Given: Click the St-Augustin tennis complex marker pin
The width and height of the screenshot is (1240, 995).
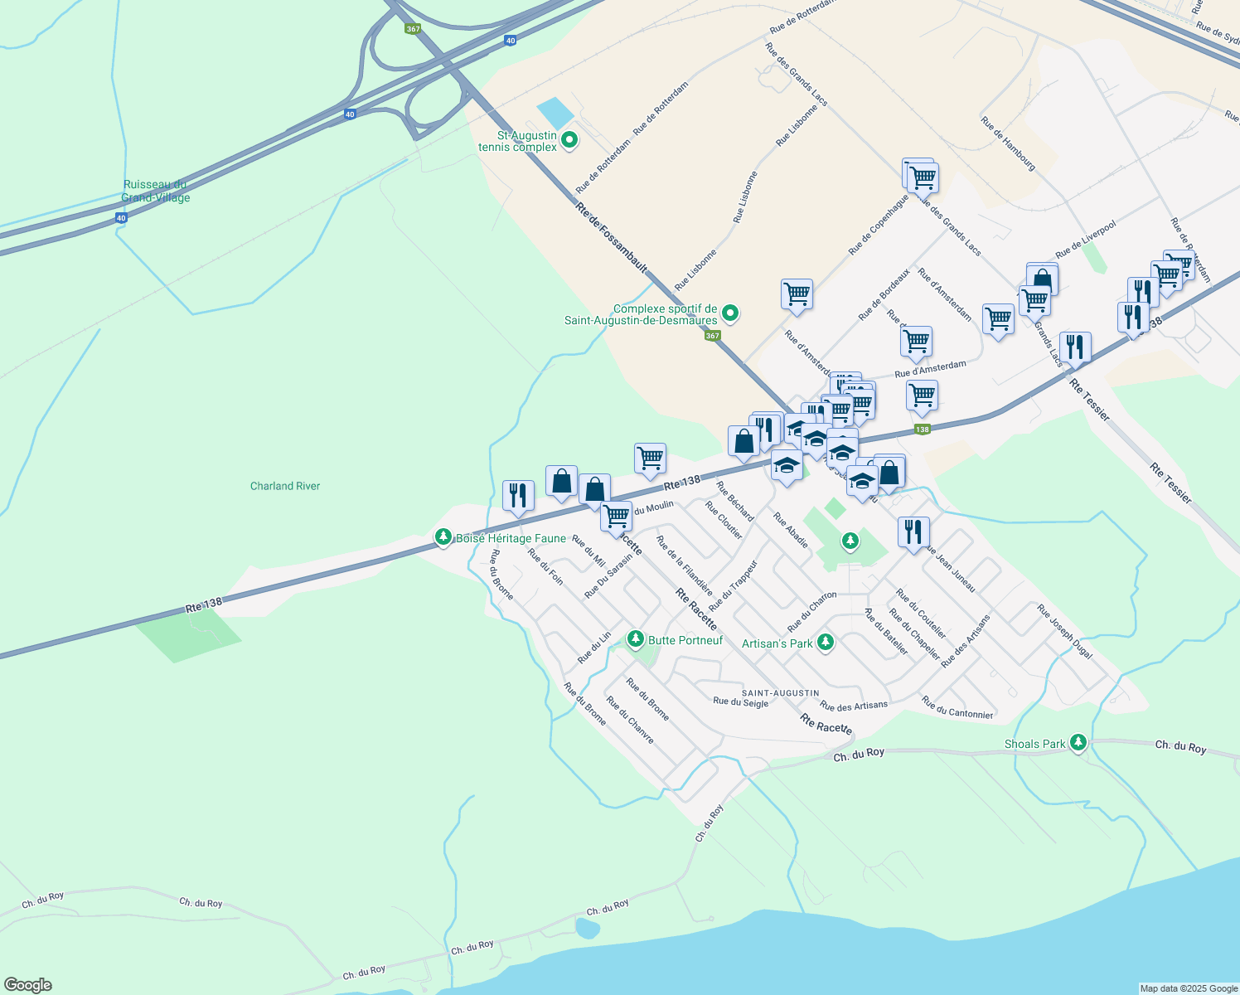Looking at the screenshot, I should [x=569, y=140].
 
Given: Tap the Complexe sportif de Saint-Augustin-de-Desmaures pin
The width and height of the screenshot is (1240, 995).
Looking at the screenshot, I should [x=730, y=313].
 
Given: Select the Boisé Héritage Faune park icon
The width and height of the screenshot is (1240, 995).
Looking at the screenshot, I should [x=443, y=537].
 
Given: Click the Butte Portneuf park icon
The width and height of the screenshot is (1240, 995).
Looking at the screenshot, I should [x=635, y=638].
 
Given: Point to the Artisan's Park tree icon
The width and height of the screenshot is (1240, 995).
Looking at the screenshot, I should [x=825, y=642].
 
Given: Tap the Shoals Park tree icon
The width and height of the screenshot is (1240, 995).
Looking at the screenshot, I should [x=1078, y=742].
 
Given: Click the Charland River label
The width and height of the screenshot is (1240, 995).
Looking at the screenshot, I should [x=285, y=486].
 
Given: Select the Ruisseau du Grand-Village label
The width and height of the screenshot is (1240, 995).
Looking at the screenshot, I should [x=156, y=191].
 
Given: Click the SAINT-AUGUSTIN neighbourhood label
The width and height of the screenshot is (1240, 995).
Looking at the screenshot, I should [x=780, y=693].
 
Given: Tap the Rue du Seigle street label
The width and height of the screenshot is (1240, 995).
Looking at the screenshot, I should [x=740, y=702].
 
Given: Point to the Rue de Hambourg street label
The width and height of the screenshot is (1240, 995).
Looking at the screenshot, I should [x=1008, y=143].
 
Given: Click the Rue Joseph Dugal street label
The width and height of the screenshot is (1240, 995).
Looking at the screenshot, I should [x=1064, y=631].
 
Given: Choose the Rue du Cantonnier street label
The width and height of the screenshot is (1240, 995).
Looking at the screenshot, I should [x=957, y=707].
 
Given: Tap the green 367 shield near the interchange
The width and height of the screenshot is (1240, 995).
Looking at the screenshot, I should [x=413, y=29].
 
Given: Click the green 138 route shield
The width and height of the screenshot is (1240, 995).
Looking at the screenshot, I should [x=922, y=429].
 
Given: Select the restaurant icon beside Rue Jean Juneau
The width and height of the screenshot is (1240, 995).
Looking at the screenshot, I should [x=913, y=531].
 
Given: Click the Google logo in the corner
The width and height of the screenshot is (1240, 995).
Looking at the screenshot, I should [x=28, y=985].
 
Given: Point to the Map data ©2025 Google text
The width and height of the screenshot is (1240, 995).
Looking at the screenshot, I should [x=1189, y=988].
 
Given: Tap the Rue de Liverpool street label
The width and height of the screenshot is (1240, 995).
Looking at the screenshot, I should [x=1086, y=240].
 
